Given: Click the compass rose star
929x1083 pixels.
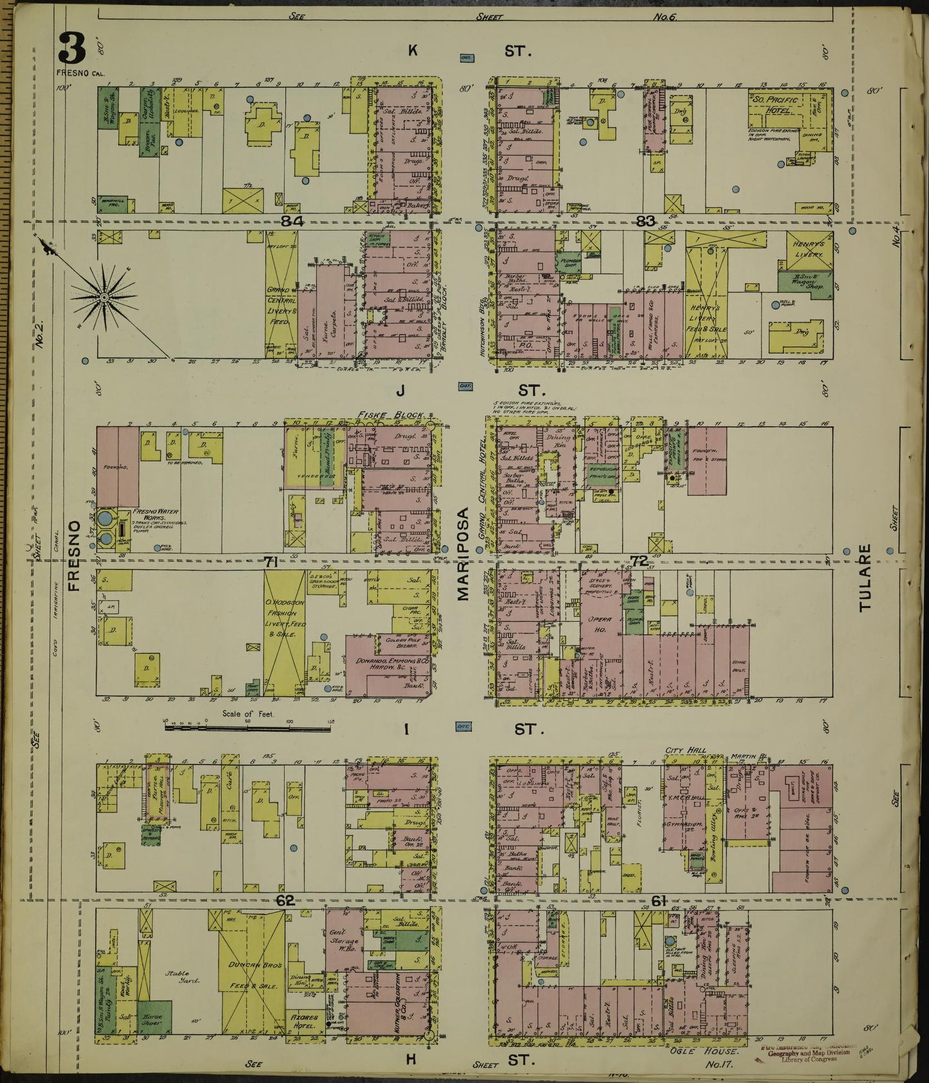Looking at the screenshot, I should [x=104, y=297].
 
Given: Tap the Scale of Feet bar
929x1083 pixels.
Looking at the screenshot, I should [x=248, y=728].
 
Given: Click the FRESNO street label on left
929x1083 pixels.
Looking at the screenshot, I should [x=75, y=555].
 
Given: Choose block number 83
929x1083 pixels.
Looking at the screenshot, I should [x=644, y=221].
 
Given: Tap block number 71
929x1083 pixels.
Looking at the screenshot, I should [x=271, y=562].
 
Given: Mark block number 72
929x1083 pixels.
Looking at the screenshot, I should [x=638, y=561].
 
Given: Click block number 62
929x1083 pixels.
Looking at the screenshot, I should [x=285, y=901].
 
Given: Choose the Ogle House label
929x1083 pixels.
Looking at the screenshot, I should [x=711, y=1050].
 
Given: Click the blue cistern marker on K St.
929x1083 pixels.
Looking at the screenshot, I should [x=466, y=58].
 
